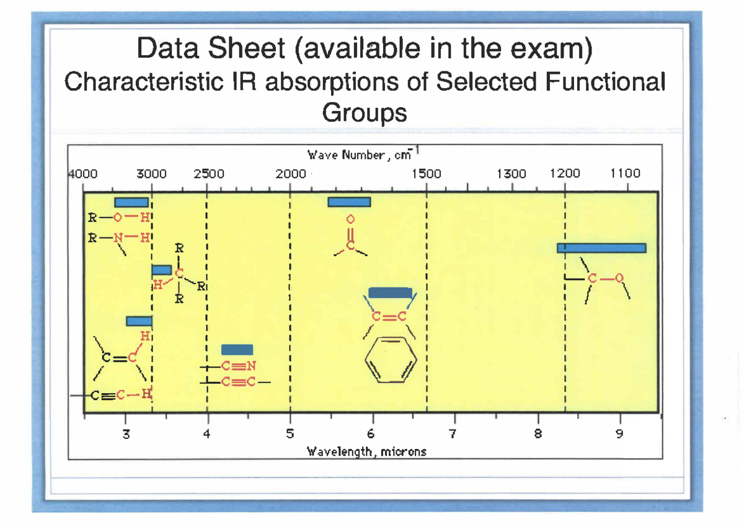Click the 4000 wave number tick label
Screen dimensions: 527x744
[x=82, y=174]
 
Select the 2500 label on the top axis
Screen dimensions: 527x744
[x=208, y=174]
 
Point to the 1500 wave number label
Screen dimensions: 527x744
[x=427, y=174]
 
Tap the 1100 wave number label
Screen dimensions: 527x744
[x=625, y=174]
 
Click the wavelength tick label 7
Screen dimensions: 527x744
[x=454, y=434]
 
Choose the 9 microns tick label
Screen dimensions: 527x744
[x=619, y=434]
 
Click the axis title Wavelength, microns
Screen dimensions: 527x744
[x=367, y=451]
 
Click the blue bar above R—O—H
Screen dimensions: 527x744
[x=131, y=202]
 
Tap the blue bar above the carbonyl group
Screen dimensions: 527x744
[x=349, y=202]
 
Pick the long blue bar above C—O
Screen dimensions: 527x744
[x=601, y=248]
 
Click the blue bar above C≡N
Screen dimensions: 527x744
[x=237, y=350]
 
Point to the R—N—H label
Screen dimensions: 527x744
[x=120, y=237]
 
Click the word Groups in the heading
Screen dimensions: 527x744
[x=365, y=113]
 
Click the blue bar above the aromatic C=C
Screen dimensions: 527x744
[x=390, y=293]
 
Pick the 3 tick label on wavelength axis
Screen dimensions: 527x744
[x=126, y=434]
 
